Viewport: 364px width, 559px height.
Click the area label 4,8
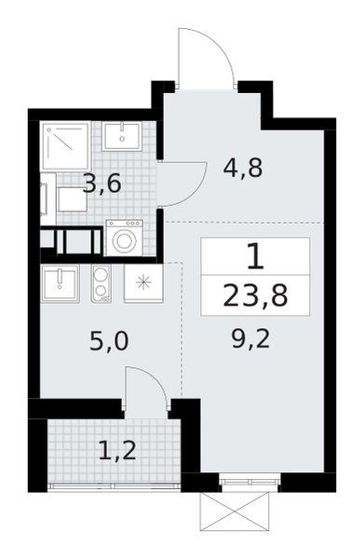tap(243, 168)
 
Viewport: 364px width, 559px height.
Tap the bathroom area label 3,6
tap(102, 184)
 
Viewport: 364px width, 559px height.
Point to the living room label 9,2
tap(251, 339)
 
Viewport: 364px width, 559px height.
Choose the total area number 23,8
tap(255, 295)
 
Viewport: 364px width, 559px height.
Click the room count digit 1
tap(255, 256)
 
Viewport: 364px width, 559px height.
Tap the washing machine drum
tap(124, 241)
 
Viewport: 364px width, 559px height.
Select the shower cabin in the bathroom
tap(65, 146)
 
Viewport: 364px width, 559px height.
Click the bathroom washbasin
tap(122, 137)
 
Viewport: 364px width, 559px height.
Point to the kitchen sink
tap(60, 284)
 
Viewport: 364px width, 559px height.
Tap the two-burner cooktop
tap(101, 284)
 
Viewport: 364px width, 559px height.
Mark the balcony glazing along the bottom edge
tap(115, 486)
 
